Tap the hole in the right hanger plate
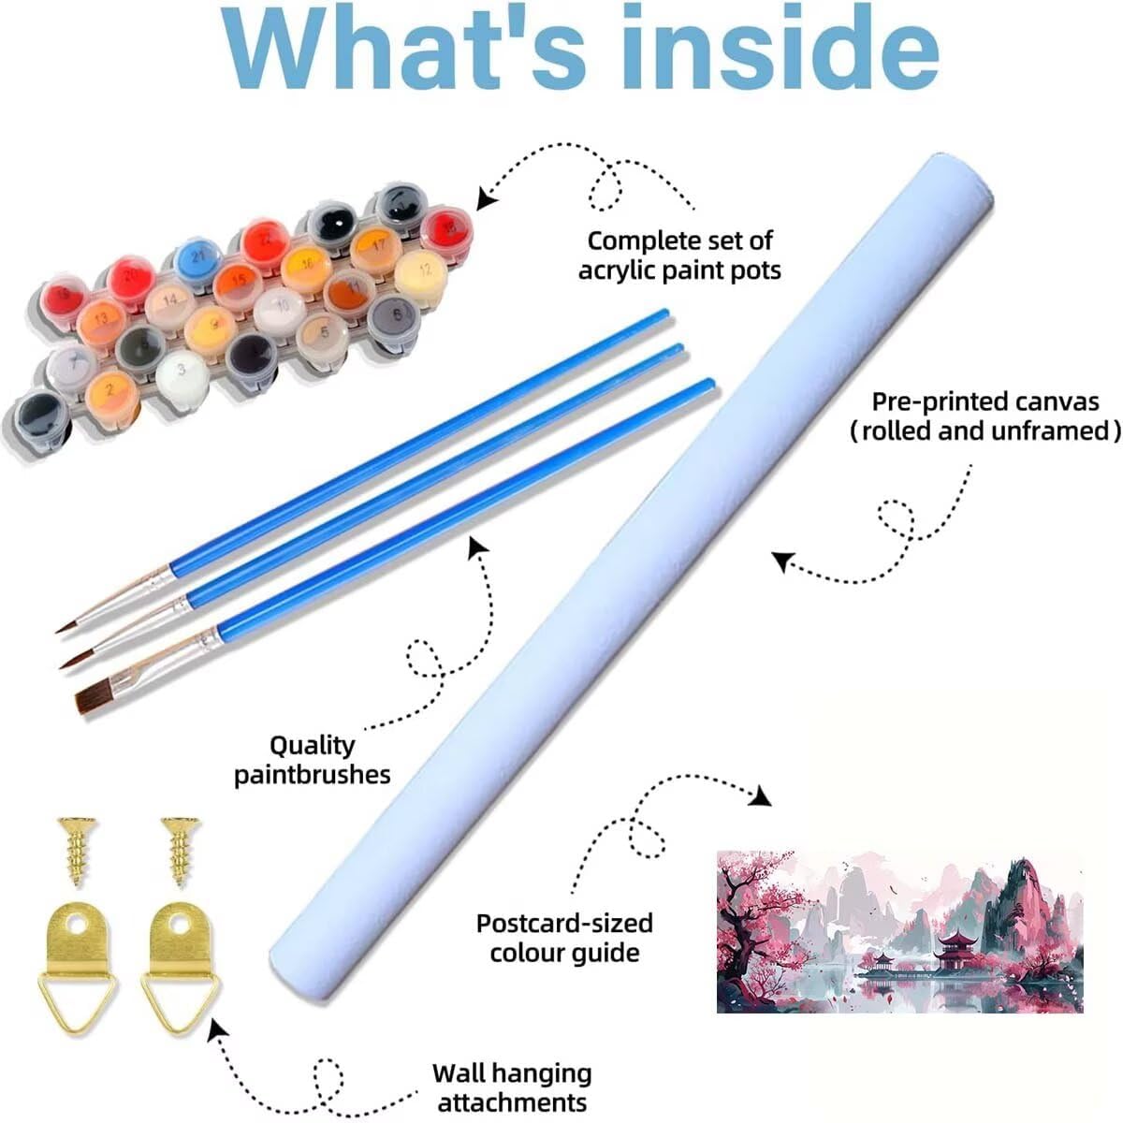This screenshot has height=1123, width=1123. [x=178, y=930]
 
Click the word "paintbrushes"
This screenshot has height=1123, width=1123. [x=313, y=775]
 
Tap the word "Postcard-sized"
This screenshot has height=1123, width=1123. [x=564, y=923]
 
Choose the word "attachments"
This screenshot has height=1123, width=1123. [x=512, y=1101]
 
